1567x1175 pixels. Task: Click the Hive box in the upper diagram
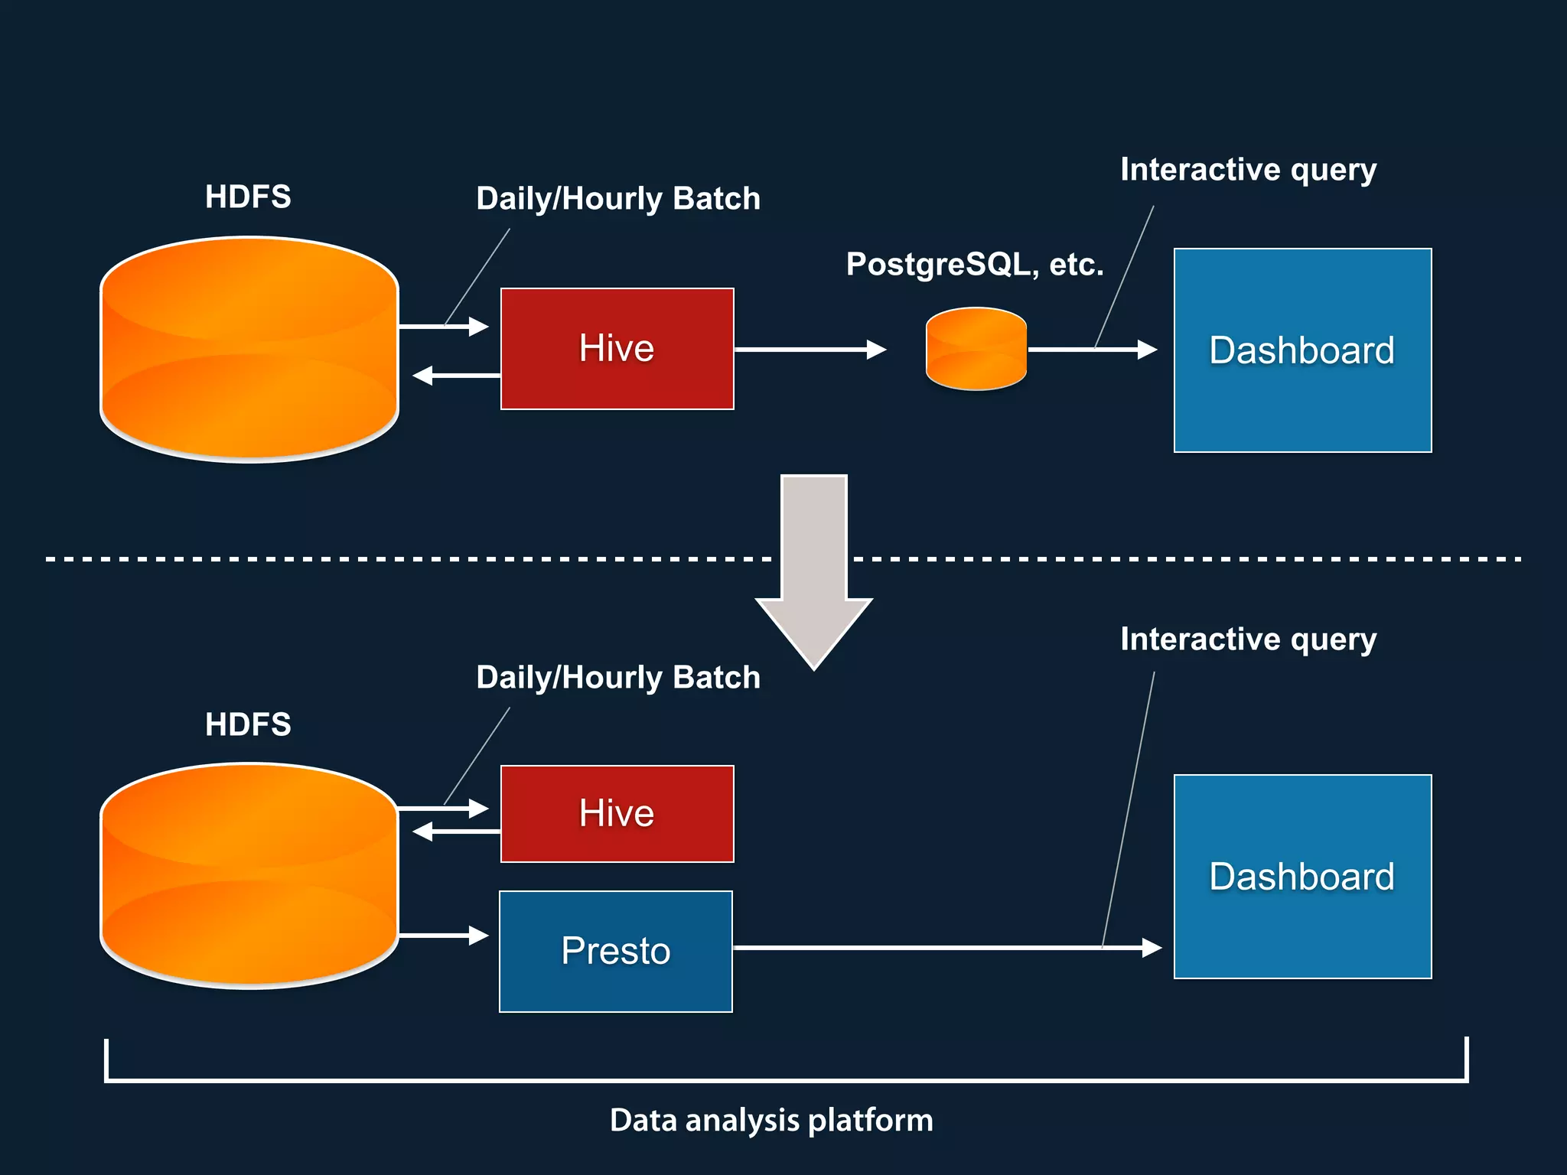click(617, 349)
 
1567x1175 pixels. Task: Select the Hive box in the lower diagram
click(617, 813)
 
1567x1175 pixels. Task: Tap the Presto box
click(615, 951)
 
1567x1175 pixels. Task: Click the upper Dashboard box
click(1302, 350)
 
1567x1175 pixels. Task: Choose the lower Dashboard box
click(1302, 877)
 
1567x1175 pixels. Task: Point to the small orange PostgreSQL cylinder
click(976, 349)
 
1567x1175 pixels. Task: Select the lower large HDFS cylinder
click(249, 876)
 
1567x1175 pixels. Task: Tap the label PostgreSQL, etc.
click(975, 265)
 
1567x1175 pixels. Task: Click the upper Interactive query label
click(1248, 170)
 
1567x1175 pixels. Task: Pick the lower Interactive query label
click(1248, 640)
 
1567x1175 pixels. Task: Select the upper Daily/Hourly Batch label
click(618, 199)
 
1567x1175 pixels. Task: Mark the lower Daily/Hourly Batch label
click(618, 678)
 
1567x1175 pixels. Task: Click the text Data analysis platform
click(771, 1121)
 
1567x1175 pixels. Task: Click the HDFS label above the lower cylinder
click(248, 724)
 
